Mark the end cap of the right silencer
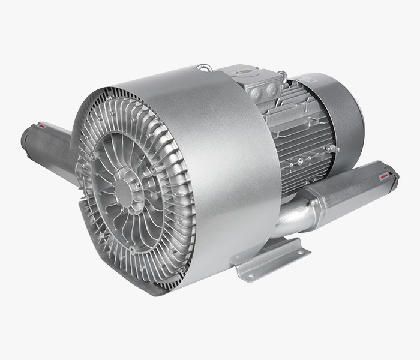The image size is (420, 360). [x=393, y=176]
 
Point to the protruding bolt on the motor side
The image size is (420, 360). [x=329, y=148]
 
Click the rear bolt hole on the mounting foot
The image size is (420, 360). [x=290, y=245]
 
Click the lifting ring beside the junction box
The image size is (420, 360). [x=283, y=76]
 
